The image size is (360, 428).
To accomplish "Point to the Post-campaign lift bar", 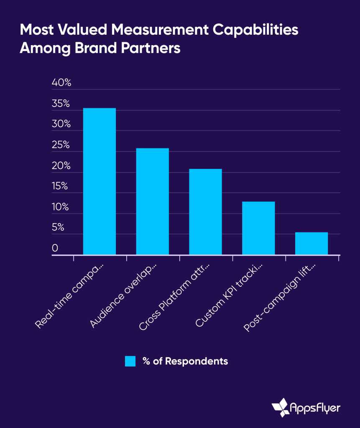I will [x=311, y=243].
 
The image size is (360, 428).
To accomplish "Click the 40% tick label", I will [x=61, y=83].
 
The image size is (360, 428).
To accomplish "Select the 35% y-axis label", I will [x=61, y=104].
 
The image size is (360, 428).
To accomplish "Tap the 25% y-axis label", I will [x=61, y=145].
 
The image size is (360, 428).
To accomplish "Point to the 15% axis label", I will [x=60, y=186].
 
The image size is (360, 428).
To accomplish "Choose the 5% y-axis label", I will [x=58, y=227].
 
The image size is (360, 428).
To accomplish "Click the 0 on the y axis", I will [x=55, y=248].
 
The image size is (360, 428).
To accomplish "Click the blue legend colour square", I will [x=130, y=361].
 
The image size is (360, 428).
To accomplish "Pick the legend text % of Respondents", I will [x=185, y=361].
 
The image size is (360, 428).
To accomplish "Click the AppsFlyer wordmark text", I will [x=316, y=408].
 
